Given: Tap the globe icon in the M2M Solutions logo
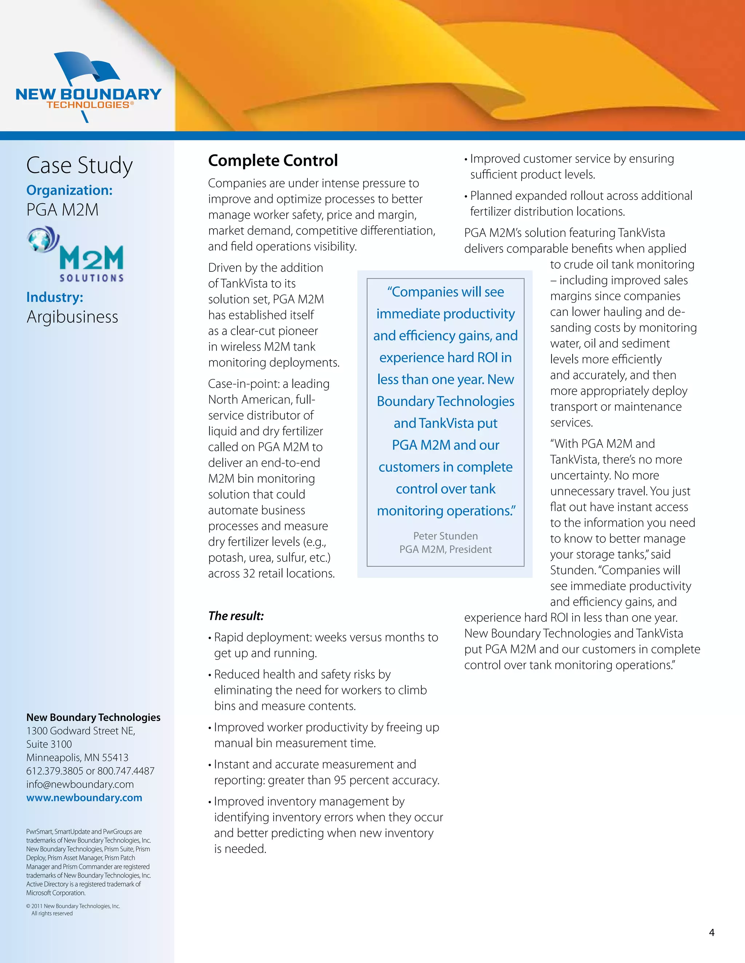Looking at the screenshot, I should point(41,239).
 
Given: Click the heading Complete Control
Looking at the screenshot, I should point(273,161).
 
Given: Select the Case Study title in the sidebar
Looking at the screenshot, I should point(79,165).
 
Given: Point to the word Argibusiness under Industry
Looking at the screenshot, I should point(72,317).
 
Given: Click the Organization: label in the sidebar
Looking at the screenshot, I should point(69,190).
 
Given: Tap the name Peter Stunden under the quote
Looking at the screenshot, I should point(445,536).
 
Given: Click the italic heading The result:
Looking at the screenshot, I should point(236,616).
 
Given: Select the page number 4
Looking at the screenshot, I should point(712,932).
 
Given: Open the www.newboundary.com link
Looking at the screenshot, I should point(84,798).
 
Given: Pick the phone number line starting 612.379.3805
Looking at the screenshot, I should point(91,771).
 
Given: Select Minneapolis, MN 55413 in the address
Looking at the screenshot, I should point(77,758).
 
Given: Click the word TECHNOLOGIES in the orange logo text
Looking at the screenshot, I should point(88,105).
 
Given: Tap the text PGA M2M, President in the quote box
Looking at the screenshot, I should point(445,549).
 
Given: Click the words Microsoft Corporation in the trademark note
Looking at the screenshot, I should point(56,893).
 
